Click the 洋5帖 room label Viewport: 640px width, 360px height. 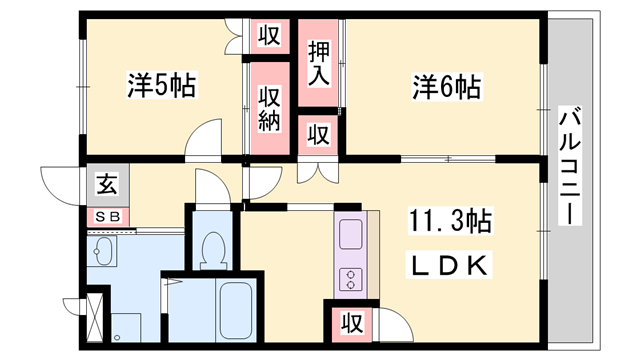pos(160,86)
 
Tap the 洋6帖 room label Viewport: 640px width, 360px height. pos(446,88)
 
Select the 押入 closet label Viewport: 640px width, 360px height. pos(319,63)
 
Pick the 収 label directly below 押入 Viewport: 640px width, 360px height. pos(318,133)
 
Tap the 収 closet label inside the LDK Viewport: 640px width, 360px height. pos(350,322)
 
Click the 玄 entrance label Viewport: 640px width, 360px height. pos(105,183)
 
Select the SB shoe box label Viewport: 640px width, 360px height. pos(105,216)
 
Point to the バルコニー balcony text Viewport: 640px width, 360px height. pos(569,166)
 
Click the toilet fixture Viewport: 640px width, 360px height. pos(212,247)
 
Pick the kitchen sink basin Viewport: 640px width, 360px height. pos(352,237)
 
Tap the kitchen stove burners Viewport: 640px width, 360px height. pos(352,279)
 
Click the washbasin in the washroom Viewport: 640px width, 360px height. pos(103,250)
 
